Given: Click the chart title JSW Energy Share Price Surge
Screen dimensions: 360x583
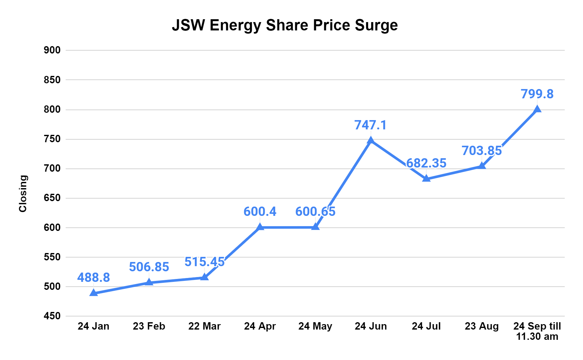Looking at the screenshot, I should pos(284,25).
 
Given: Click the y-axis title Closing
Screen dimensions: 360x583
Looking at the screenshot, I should pos(23,193).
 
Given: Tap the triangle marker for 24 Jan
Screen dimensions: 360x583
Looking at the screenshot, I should pos(94,292).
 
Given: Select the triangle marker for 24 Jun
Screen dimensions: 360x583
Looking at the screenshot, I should pos(371,140).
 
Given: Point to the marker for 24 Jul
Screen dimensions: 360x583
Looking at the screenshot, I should pos(426,178).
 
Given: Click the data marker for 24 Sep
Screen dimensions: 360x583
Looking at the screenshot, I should pos(537,109).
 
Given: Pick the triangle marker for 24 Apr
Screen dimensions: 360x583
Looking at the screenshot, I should pos(260,227).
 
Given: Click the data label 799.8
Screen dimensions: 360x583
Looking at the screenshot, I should pos(537,94).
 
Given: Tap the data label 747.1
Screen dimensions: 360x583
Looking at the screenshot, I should pos(371,125).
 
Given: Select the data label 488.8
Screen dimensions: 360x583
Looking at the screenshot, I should pos(94,277).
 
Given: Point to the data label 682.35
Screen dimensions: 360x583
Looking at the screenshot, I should pos(426,163).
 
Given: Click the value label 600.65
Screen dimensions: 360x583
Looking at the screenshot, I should pos(315,211).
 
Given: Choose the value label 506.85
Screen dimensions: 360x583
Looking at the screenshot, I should pos(149,267).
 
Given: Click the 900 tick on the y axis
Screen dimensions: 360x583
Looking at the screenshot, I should pos(52,50).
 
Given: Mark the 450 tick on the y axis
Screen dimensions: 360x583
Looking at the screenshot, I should pos(52,316).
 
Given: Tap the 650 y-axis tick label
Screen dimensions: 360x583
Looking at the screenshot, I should pos(52,198).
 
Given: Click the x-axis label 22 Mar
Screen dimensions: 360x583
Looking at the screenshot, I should pos(204,326).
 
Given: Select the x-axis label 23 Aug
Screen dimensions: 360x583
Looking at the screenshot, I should pos(481,326).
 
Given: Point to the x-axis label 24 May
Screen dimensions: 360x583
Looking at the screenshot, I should pos(315,326).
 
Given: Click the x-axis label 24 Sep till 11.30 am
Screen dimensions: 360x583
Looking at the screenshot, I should pos(537,331).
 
